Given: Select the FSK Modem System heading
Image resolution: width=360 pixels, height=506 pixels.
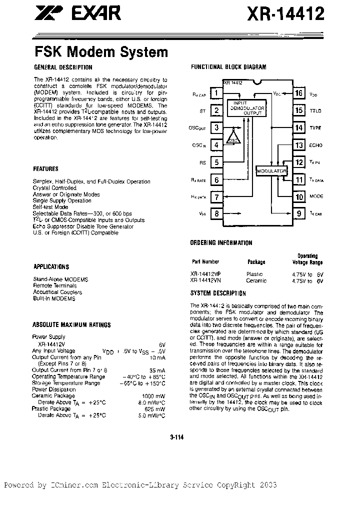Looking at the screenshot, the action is [101, 51].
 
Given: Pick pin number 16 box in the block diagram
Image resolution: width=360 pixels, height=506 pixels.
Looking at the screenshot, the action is [299, 93].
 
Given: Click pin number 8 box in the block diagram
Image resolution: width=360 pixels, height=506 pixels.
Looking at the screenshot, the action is [216, 214].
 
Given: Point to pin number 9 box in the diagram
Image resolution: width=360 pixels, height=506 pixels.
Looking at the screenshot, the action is [299, 214].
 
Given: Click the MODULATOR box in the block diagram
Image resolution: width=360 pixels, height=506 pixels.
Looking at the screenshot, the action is [271, 171].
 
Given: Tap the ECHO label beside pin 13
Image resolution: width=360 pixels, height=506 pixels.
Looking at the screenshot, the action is [316, 145].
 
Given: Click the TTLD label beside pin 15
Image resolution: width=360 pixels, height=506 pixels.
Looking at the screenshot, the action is [315, 110].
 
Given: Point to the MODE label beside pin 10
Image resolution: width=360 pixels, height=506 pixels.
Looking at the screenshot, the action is [316, 197].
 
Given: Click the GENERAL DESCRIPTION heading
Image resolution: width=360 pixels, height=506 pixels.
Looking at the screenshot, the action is [63, 67].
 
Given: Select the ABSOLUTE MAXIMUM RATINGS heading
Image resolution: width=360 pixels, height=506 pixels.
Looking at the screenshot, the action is [71, 325].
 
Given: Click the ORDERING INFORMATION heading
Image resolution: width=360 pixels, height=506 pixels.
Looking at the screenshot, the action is [221, 243].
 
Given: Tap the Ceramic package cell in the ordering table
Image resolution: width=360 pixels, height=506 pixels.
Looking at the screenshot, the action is [256, 280].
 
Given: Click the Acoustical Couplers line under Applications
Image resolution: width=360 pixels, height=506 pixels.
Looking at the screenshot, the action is [57, 292].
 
